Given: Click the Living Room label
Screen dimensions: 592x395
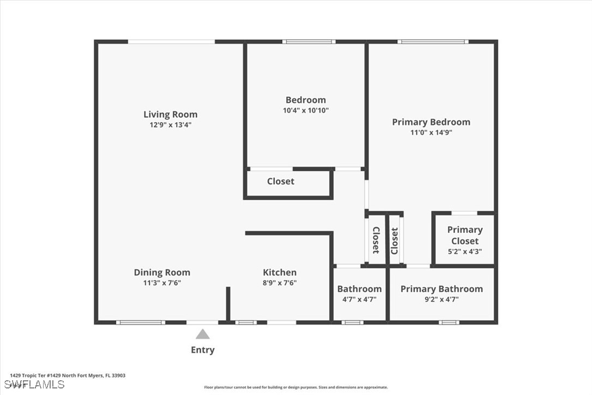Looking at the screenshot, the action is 170,114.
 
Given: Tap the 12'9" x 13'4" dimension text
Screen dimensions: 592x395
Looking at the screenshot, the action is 171,125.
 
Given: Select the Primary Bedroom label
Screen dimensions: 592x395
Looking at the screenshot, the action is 431,122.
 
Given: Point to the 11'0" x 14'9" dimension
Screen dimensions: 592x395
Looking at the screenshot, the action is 431,132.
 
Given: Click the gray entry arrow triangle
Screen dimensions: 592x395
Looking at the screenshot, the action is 203,334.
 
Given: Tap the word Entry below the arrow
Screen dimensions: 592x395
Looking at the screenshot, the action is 203,350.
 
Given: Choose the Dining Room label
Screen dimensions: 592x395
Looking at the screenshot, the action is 162,273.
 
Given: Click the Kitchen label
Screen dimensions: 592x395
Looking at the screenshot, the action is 280,272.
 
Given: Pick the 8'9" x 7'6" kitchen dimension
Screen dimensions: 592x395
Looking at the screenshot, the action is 280,283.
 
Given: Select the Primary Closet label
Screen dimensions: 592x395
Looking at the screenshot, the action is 465,235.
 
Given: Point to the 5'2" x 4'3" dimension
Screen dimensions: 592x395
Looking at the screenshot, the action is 465,252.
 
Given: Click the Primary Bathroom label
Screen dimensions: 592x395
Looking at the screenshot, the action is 442,289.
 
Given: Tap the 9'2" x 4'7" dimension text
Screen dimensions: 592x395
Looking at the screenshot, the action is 442,300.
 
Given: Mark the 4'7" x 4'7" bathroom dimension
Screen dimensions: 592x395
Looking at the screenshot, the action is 359,300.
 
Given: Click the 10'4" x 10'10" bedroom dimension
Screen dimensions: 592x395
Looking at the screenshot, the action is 306,110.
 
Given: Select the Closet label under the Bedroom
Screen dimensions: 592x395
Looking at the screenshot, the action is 281,182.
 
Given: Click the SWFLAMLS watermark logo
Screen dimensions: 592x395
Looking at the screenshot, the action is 34,385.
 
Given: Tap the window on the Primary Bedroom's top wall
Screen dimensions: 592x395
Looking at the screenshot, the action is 433,41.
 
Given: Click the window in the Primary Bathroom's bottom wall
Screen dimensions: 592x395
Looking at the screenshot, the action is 449,322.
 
